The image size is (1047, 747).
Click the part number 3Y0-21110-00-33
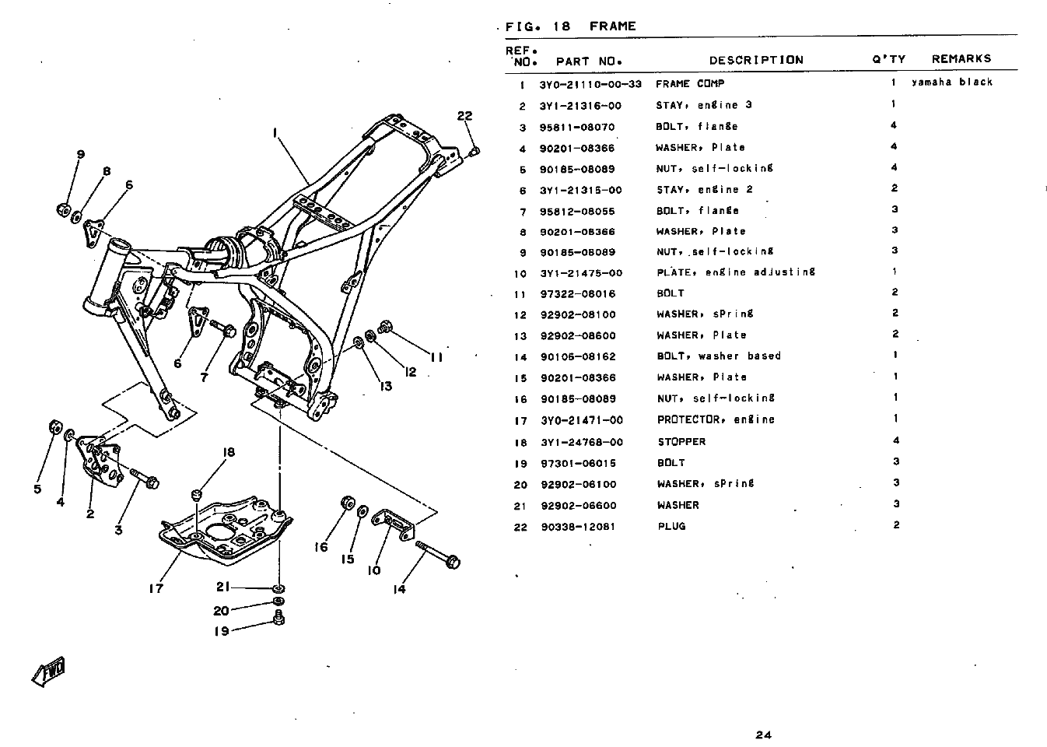pos(590,84)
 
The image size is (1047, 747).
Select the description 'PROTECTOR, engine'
pos(716,420)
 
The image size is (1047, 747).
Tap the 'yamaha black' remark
pos(952,82)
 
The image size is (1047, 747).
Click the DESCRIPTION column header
pos(755,60)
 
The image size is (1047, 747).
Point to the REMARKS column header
pos(961,59)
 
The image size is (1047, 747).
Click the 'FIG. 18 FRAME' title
pos(570,26)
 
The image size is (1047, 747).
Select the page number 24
pos(762,735)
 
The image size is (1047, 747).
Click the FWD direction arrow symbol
pos(48,673)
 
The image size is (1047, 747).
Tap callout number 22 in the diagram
pos(464,117)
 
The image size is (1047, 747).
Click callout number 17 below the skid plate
pos(156,588)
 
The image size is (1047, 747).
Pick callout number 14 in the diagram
pos(399,589)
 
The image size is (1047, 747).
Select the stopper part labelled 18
pos(197,494)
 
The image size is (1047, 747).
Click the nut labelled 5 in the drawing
pos(55,427)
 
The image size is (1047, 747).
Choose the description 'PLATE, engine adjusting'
pos(736,273)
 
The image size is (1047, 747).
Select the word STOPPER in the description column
pos(681,442)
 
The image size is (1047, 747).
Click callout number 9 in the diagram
pos(80,154)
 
